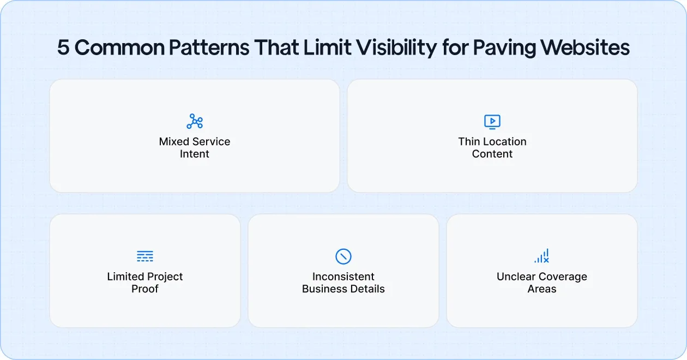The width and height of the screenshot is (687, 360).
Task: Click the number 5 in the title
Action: (x=63, y=48)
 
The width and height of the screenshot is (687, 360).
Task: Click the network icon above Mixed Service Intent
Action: (x=195, y=121)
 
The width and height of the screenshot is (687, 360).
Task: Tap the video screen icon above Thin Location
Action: (x=492, y=121)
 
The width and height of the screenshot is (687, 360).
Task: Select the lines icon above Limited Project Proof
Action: (x=145, y=256)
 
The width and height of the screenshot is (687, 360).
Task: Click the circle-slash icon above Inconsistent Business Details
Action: (x=343, y=256)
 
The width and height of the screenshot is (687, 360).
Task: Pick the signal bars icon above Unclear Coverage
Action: (x=542, y=256)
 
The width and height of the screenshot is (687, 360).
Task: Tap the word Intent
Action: (x=195, y=154)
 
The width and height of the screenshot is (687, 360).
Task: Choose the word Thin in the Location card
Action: (x=469, y=142)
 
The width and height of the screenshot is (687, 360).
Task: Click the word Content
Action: (x=492, y=154)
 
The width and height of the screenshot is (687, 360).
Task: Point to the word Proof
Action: (x=145, y=289)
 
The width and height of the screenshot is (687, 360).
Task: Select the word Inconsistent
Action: (x=343, y=277)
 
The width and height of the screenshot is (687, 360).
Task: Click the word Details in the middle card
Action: (x=368, y=289)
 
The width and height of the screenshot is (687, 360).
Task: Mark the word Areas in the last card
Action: (x=542, y=289)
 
